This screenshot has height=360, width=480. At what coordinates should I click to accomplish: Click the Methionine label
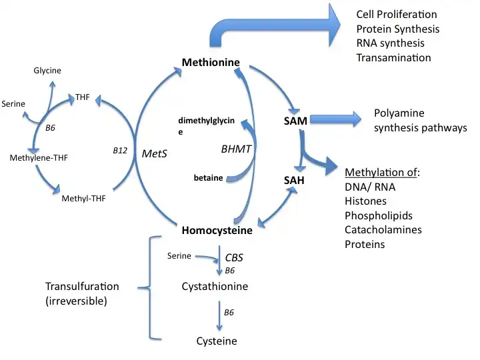tap(211, 63)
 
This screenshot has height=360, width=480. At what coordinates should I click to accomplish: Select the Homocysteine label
tap(217, 231)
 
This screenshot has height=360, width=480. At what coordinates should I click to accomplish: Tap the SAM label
tap(295, 121)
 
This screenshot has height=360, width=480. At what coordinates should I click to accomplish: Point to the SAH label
tap(295, 180)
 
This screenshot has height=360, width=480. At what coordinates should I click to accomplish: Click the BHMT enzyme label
tap(236, 149)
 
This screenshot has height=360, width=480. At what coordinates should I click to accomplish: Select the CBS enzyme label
tap(234, 257)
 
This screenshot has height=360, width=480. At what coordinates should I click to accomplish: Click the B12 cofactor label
tap(120, 151)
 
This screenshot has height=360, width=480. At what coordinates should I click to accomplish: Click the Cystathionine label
tap(215, 287)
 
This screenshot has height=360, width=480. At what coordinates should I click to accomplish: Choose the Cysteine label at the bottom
tap(217, 341)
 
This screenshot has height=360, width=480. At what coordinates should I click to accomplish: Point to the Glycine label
tap(47, 71)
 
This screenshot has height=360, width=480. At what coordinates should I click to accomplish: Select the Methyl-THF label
tap(83, 198)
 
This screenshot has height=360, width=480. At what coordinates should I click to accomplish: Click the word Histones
tap(365, 201)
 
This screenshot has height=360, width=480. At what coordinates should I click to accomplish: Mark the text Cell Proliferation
tap(397, 14)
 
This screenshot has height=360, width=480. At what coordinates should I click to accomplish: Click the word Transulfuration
tap(82, 286)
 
